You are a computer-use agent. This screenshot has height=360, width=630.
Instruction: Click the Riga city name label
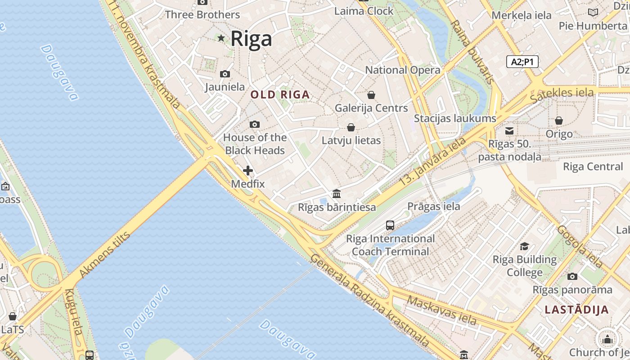[x=251, y=39]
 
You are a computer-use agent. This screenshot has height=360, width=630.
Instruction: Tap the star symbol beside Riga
[x=221, y=38]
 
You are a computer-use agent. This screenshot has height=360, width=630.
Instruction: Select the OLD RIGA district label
[x=280, y=95]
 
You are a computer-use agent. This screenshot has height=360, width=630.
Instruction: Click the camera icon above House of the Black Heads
[x=255, y=124]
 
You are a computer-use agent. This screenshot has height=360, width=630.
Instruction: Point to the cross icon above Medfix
[x=247, y=171]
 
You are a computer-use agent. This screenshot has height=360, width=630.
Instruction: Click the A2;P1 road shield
[x=522, y=62]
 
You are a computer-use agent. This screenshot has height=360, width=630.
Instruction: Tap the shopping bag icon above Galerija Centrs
[x=371, y=95]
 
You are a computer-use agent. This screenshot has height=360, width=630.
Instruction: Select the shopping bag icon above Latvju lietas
[x=351, y=127]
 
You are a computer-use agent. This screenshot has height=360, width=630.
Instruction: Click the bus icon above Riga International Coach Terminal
[x=390, y=225]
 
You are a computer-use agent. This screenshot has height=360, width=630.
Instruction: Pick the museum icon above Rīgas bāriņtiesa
[x=337, y=194]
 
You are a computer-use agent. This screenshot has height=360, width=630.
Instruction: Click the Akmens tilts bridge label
[x=104, y=255]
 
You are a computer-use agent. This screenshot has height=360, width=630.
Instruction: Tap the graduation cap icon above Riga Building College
[x=524, y=246]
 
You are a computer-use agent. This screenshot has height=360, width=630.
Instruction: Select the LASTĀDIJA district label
[x=576, y=310]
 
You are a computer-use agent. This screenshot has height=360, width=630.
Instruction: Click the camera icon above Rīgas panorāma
[x=572, y=276]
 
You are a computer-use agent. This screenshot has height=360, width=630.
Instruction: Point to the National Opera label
[x=402, y=70]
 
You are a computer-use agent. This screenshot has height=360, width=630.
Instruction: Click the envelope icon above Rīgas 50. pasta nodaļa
[x=509, y=131]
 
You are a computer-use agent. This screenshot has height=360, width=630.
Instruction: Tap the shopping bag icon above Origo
[x=559, y=121]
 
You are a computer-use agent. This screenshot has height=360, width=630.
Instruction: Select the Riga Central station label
[x=593, y=167]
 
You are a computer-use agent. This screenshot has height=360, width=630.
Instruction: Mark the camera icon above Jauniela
[x=225, y=74]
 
